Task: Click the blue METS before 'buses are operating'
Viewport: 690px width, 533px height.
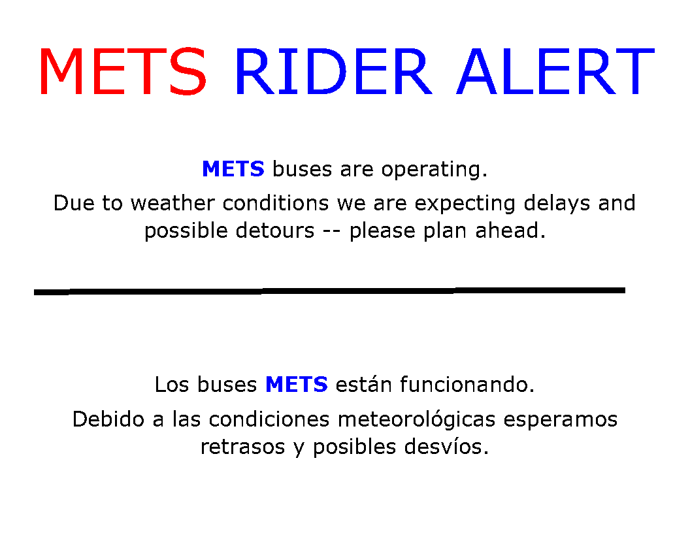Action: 233,169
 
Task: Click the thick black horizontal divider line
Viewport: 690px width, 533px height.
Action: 329,291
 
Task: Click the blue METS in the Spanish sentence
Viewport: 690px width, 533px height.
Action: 296,385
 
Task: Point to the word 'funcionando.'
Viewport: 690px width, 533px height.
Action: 467,385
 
